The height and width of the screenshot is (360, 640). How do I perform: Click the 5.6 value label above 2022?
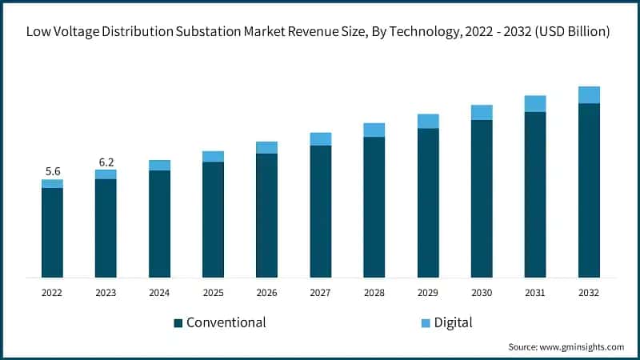tap(53, 171)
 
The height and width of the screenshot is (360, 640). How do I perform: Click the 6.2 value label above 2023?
tap(106, 162)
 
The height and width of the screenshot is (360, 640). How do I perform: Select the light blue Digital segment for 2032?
tap(589, 94)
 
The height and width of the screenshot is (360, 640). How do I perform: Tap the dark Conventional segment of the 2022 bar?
tap(53, 232)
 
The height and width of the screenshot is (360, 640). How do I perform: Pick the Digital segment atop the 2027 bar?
tap(321, 138)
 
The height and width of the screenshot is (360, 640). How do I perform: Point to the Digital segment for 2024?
tap(160, 165)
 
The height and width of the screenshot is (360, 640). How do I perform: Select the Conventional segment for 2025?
tap(214, 219)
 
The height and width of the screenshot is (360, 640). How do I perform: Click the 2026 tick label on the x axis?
tap(267, 293)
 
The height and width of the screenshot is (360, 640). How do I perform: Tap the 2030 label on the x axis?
tap(482, 293)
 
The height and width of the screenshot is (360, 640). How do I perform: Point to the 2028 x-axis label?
tap(374, 293)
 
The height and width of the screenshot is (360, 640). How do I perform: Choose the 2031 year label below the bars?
tap(535, 293)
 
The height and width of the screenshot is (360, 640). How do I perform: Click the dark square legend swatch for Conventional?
tap(178, 323)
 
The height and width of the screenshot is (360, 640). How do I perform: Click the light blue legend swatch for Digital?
tap(425, 323)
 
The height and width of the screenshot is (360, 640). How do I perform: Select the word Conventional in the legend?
tap(226, 322)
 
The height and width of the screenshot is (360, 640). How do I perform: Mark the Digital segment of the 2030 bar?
tap(482, 112)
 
